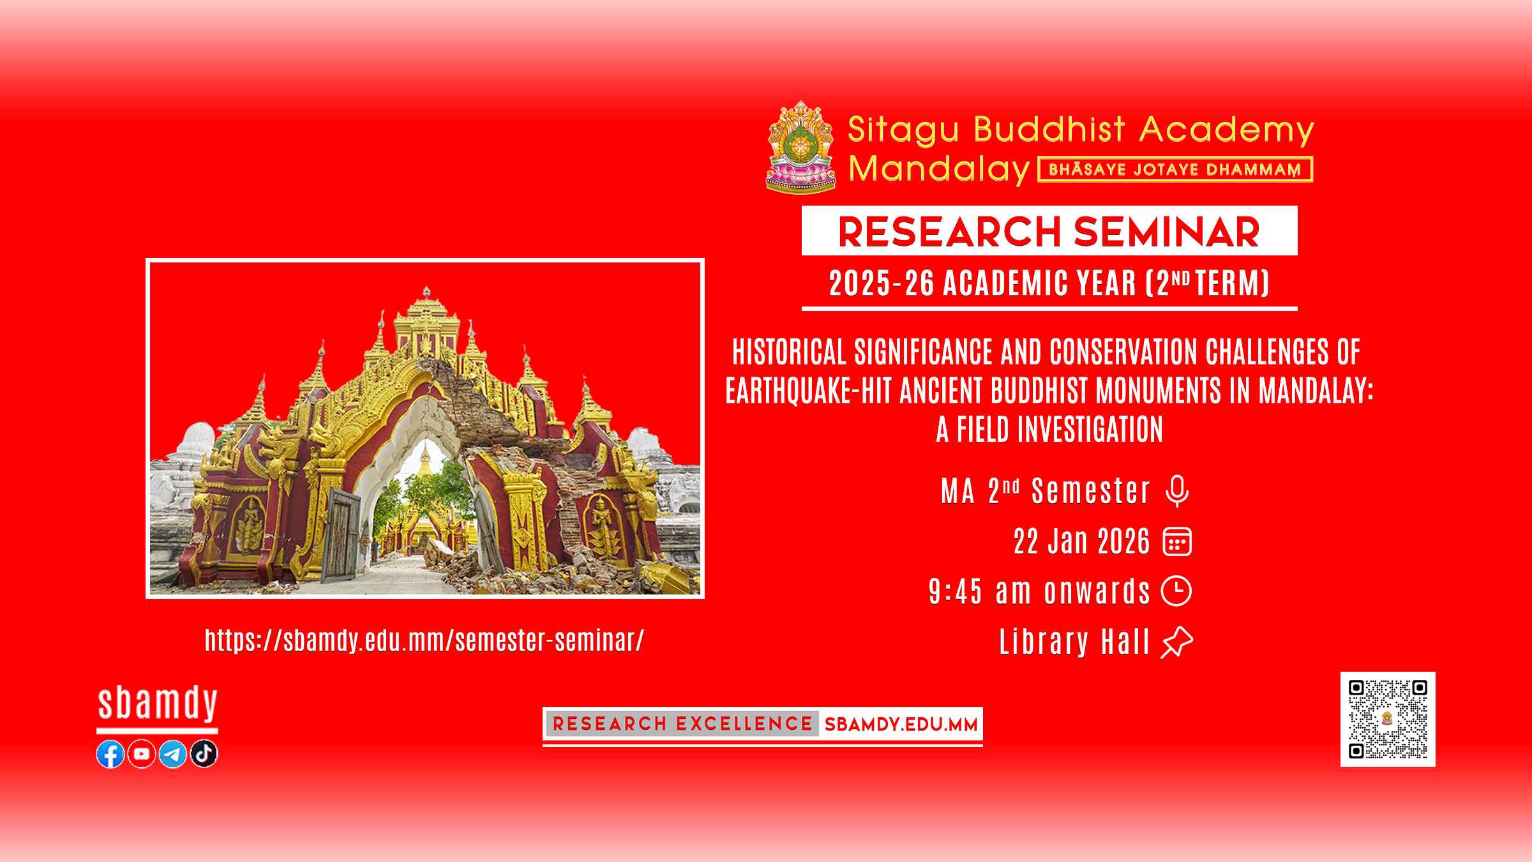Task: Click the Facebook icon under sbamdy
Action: tap(110, 754)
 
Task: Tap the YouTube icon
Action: tap(142, 754)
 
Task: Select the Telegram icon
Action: tap(172, 754)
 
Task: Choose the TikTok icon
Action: tap(204, 754)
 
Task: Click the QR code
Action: tap(1388, 719)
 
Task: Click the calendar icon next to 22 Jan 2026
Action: tap(1177, 542)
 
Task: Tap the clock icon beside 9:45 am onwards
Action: tap(1176, 591)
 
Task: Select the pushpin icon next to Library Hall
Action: tap(1176, 642)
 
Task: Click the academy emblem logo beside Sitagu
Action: tap(800, 147)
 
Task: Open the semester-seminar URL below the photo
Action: tap(424, 640)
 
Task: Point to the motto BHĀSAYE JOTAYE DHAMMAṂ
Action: tap(1175, 170)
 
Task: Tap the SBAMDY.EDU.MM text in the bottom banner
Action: tap(901, 725)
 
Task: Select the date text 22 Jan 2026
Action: tap(1082, 542)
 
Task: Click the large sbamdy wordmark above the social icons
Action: tap(158, 705)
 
